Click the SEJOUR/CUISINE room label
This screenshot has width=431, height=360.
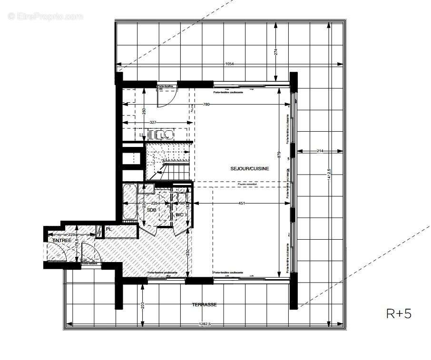pyautogui.click(x=250, y=168)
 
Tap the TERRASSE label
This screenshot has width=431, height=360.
pyautogui.click(x=204, y=305)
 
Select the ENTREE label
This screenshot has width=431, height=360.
pyautogui.click(x=62, y=241)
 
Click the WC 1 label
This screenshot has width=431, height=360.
pyautogui.click(x=180, y=215)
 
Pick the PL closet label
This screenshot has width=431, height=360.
pyautogui.click(x=108, y=229)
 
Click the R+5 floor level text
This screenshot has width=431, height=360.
pyautogui.click(x=398, y=314)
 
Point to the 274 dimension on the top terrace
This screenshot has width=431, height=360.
pyautogui.click(x=276, y=52)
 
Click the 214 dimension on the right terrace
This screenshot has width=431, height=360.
pyautogui.click(x=319, y=151)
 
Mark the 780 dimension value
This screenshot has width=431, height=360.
pyautogui.click(x=206, y=104)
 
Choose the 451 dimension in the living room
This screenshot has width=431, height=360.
pyautogui.click(x=241, y=204)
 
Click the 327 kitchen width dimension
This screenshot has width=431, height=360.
pyautogui.click(x=154, y=122)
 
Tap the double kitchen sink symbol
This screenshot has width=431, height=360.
pyautogui.click(x=166, y=135)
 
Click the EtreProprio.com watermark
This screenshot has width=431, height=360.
pyautogui.click(x=46, y=16)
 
